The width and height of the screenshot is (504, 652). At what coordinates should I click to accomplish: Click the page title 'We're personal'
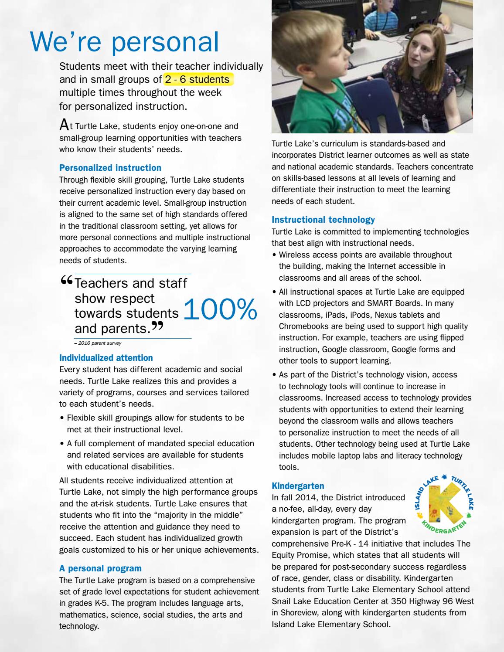pos(124,42)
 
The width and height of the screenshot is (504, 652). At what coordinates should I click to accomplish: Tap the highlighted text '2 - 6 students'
pos(197,79)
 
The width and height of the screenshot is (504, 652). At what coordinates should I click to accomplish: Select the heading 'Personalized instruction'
pos(110,168)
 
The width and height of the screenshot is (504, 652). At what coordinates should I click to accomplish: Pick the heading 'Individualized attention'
pos(106,358)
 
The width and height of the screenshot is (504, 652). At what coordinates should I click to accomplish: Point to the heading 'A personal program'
pos(100,568)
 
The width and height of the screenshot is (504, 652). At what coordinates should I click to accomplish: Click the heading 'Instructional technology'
pos(323,220)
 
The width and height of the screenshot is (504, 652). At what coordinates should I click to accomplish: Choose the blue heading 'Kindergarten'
pos(298,486)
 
